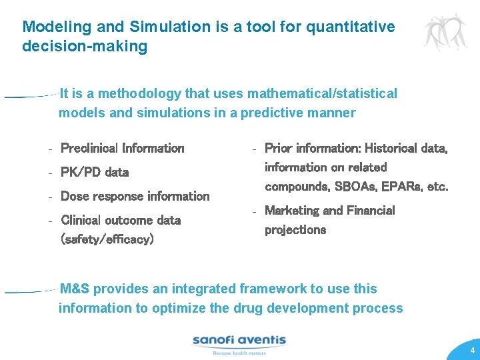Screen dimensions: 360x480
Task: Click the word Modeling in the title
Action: pyautogui.click(x=51, y=27)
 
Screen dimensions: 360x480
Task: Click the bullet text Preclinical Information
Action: pyautogui.click(x=122, y=148)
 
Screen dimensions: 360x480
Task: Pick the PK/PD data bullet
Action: pyautogui.click(x=95, y=172)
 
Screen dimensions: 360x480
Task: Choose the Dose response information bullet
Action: pyautogui.click(x=135, y=196)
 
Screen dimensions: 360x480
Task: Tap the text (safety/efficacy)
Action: pyautogui.click(x=107, y=239)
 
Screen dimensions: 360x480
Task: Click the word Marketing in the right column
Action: pyautogui.click(x=294, y=211)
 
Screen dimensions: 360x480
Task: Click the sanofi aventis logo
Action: pyautogui.click(x=239, y=341)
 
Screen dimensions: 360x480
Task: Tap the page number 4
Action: pyautogui.click(x=472, y=351)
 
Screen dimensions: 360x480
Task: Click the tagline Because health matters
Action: pyautogui.click(x=239, y=353)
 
